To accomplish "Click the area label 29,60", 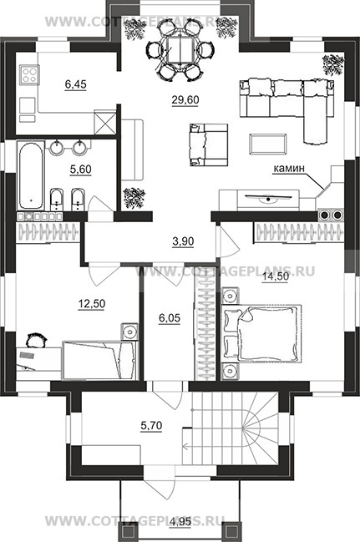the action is click(x=185, y=99).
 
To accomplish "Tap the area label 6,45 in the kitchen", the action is click(x=75, y=84).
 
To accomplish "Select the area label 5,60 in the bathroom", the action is click(x=80, y=170).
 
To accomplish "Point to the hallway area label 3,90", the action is click(x=183, y=241).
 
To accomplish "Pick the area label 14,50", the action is click(x=276, y=276).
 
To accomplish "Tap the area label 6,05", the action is click(x=170, y=317).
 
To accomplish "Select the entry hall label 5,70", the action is click(x=151, y=426).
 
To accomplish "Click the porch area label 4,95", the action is click(x=181, y=522).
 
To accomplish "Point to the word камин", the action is click(x=289, y=169).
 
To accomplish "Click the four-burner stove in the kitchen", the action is click(x=29, y=74).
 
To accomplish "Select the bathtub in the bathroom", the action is click(x=31, y=176).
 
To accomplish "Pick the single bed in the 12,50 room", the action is click(x=100, y=360).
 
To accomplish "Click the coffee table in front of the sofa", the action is click(x=268, y=144).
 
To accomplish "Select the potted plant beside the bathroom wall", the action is click(x=134, y=197).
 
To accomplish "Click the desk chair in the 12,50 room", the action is click(x=36, y=340).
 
